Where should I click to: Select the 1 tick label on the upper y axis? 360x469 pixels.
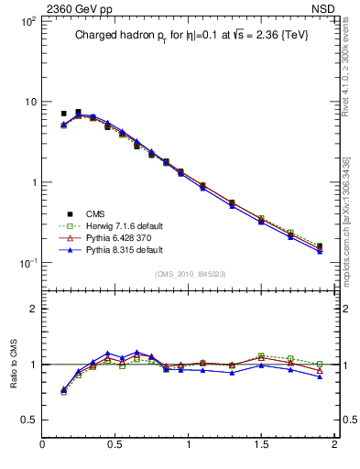pos(31,182)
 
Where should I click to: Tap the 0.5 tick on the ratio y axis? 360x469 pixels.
pos(27,419)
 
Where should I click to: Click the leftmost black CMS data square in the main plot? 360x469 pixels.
pos(63,115)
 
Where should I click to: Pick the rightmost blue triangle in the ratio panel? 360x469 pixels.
pos(320,376)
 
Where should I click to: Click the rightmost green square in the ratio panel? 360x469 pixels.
pos(320,364)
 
